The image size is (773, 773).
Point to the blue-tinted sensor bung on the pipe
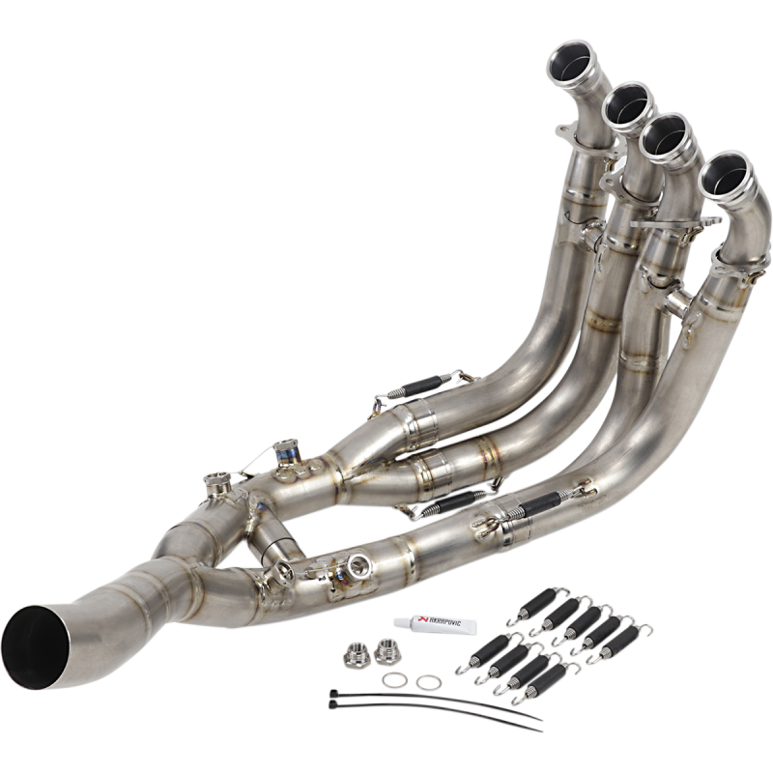coord(284,448)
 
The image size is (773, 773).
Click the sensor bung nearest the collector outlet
coord(214,480)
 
